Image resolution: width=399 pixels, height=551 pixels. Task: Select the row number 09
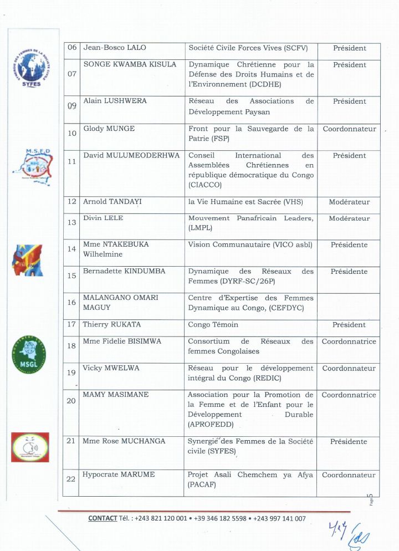coord(72,106)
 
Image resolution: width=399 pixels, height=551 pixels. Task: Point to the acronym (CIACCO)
coord(205,185)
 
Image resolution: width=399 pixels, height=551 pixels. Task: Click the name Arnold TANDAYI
coord(112,202)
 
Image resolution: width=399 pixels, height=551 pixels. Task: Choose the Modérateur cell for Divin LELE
coord(349,218)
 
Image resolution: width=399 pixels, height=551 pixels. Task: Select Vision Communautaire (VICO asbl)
coord(250,244)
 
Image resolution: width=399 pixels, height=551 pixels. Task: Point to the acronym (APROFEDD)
coord(210,425)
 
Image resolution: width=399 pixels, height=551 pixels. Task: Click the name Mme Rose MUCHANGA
coord(124,441)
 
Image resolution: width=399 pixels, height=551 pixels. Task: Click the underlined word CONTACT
coord(103,519)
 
